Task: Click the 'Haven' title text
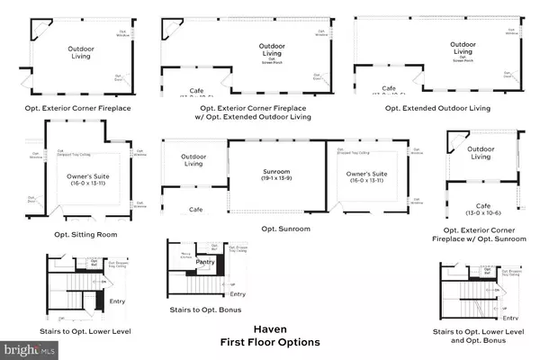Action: (x=270, y=329)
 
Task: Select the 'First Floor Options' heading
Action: (x=270, y=343)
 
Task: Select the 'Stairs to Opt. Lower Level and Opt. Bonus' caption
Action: (x=477, y=337)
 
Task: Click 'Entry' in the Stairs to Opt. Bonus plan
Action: (x=238, y=294)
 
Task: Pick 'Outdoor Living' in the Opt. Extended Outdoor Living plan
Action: (x=463, y=47)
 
